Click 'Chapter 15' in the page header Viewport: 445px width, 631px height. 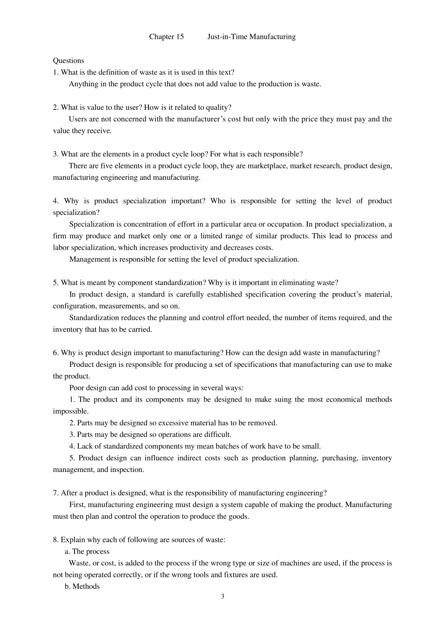(166, 37)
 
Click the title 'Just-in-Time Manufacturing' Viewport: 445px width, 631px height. (252, 37)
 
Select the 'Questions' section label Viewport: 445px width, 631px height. (68, 61)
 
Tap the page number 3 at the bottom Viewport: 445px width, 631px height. (222, 596)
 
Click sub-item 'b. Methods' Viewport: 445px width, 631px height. (82, 586)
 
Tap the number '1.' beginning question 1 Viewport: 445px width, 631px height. (56, 72)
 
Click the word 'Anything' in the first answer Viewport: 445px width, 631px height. (83, 84)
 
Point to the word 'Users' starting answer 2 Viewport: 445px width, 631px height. (78, 119)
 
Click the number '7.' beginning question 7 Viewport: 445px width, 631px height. (56, 493)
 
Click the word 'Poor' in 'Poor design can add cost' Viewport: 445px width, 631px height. (77, 388)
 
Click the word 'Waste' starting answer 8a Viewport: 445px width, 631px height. (78, 563)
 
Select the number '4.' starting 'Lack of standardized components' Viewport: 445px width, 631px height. (72, 446)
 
